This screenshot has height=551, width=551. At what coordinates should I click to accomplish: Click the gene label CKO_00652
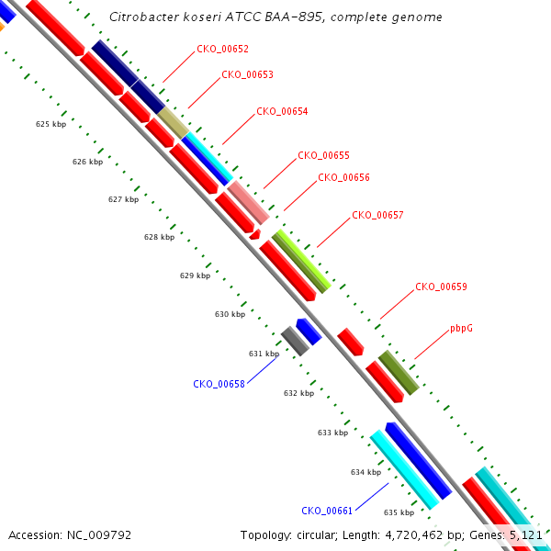pyautogui.click(x=222, y=49)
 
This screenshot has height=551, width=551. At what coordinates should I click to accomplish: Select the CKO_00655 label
pyautogui.click(x=323, y=155)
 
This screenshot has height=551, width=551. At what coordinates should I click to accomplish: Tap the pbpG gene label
pyautogui.click(x=461, y=329)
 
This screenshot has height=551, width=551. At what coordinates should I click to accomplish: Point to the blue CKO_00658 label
pyautogui.click(x=219, y=384)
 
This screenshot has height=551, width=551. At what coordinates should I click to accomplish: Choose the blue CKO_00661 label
pyautogui.click(x=327, y=511)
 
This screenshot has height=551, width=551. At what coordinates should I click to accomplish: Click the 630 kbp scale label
pyautogui.click(x=231, y=314)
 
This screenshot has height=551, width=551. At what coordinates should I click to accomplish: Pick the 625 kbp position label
pyautogui.click(x=51, y=124)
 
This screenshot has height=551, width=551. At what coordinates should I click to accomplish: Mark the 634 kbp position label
pyautogui.click(x=365, y=472)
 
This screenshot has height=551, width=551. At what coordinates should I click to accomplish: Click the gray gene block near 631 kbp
pyautogui.click(x=295, y=341)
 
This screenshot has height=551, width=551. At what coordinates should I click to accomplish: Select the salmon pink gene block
pyautogui.click(x=249, y=203)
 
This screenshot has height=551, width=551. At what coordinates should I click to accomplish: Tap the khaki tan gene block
pyautogui.click(x=174, y=123)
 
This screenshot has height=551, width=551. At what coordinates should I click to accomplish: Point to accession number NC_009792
pyautogui.click(x=99, y=535)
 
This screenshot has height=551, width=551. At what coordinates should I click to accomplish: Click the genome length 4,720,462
pyautogui.click(x=414, y=535)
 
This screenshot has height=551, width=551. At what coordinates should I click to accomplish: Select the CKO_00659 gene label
pyautogui.click(x=441, y=287)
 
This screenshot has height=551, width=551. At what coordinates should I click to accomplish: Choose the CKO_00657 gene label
pyautogui.click(x=377, y=215)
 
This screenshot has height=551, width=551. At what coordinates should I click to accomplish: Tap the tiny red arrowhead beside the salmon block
pyautogui.click(x=255, y=234)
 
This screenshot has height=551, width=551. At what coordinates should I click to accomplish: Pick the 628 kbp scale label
pyautogui.click(x=159, y=237)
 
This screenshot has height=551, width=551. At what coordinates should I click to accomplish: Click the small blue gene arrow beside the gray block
pyautogui.click(x=309, y=332)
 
